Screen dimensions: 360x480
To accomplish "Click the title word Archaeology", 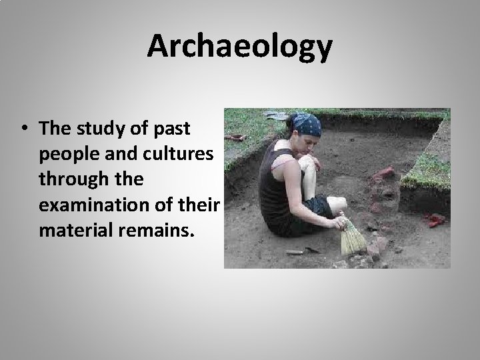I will (240, 47).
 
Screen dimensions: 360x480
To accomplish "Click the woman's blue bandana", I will (306, 124).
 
